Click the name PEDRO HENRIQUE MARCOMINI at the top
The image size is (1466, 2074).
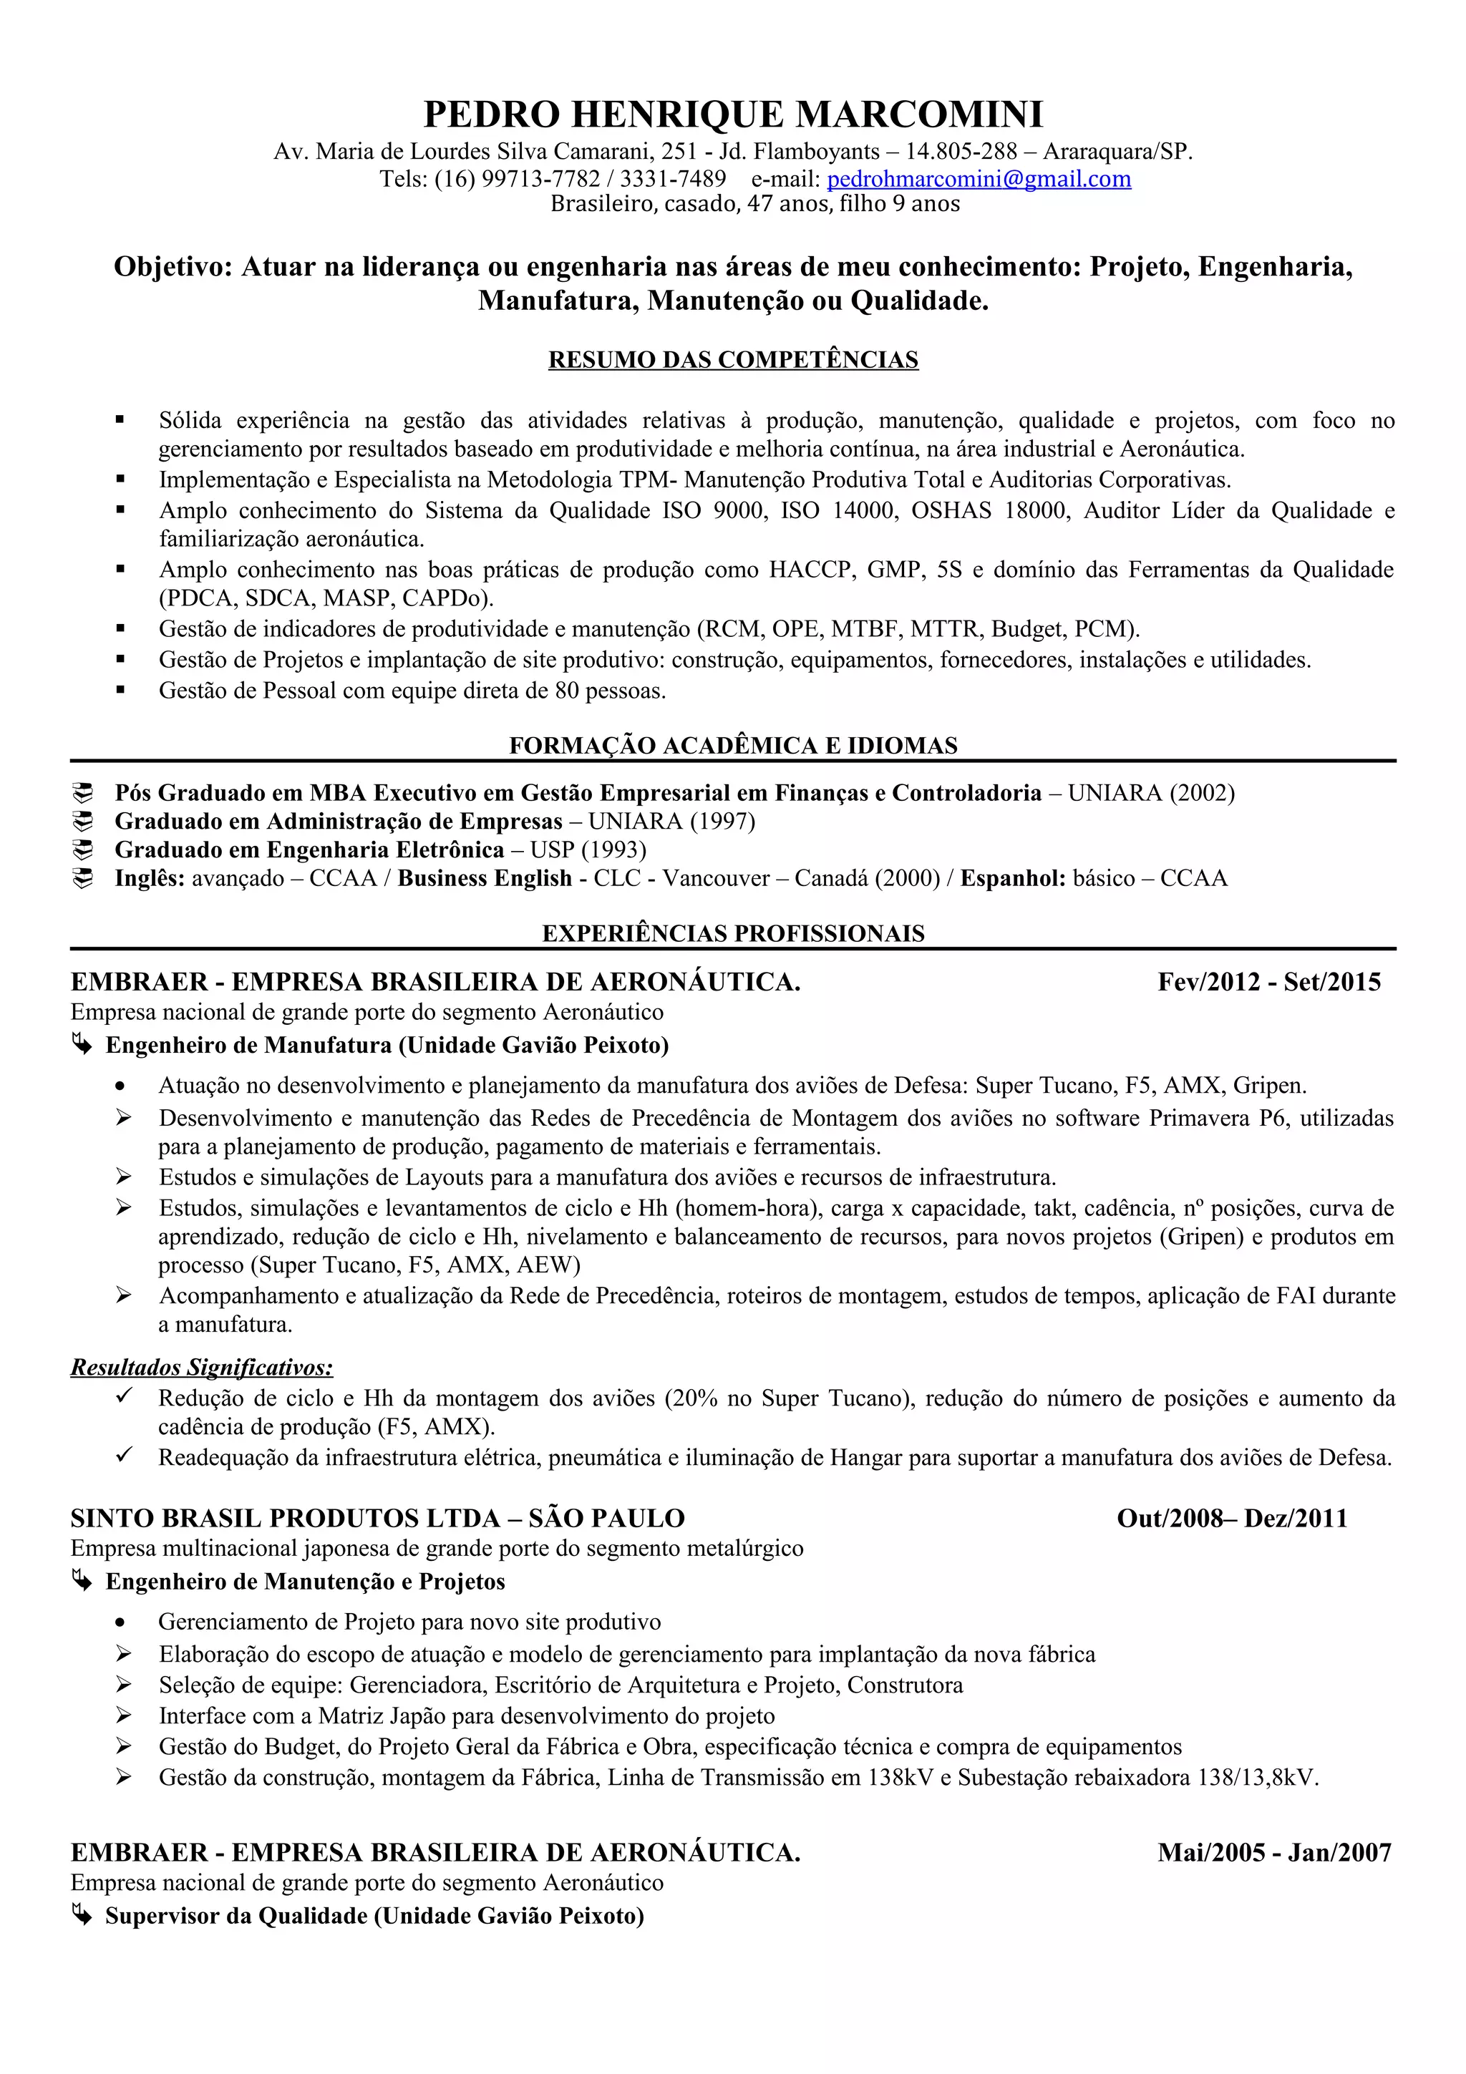(732, 115)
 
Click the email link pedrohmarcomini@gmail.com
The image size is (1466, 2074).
(979, 179)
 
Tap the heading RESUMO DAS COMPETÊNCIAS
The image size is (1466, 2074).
(732, 359)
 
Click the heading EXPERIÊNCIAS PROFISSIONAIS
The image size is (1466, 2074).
(732, 933)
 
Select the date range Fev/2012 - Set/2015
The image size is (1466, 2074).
(1268, 982)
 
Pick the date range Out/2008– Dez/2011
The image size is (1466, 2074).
(1231, 1519)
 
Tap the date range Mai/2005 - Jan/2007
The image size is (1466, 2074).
(1273, 1853)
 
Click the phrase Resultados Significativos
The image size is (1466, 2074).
(201, 1368)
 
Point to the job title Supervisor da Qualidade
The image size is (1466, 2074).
(237, 1916)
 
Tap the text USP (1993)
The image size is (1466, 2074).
(588, 850)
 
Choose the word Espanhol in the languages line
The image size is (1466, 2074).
(1011, 879)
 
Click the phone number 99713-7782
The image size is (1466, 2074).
(540, 179)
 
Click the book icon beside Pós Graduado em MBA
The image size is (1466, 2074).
(83, 793)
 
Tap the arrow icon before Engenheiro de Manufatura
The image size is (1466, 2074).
(82, 1045)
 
